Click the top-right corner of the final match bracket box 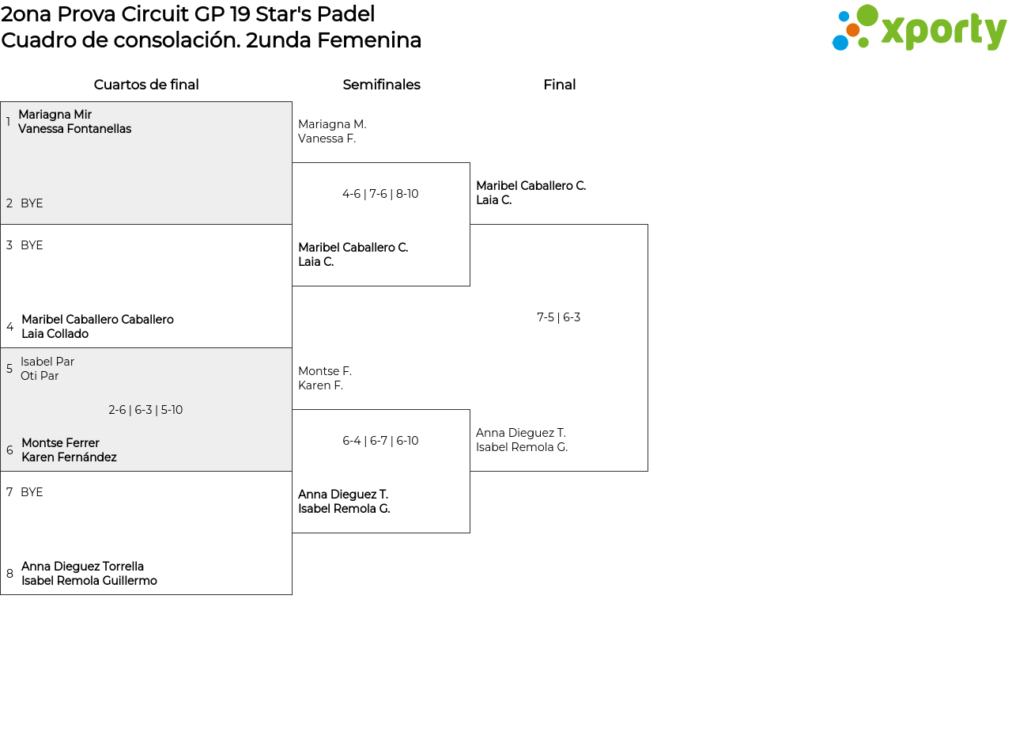648,224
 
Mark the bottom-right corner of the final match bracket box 648,471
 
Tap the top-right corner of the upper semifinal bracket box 470,163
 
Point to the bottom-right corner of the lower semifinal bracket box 470,533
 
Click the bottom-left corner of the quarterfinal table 1,594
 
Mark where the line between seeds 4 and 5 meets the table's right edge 292,347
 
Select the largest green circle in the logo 867,14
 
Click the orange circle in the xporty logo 853,30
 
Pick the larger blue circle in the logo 840,43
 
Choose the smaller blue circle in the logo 844,17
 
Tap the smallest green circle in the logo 863,43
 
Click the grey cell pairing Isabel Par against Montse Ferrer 146,409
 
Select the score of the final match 558,317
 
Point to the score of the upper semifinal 380,194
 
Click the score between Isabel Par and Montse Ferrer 145,410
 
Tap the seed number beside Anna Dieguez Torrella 9,573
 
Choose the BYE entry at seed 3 32,245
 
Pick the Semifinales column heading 381,85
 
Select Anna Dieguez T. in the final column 520,433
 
